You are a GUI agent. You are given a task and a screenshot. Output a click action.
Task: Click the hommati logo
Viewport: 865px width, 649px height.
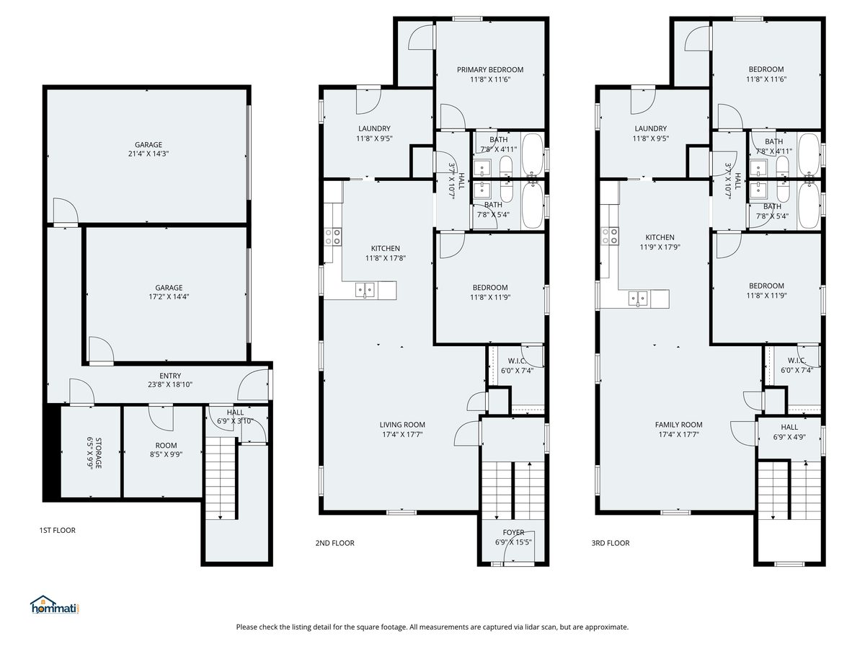pos(55,605)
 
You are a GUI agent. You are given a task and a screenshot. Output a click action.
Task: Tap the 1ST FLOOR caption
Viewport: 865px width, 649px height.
pos(57,531)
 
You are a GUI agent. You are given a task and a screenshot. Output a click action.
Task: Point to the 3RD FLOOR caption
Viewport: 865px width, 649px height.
pos(611,543)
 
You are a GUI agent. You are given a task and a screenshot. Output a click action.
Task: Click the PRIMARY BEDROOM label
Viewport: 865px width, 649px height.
pos(490,70)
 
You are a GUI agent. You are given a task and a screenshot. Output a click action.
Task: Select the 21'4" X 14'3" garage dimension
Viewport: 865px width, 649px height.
pos(148,154)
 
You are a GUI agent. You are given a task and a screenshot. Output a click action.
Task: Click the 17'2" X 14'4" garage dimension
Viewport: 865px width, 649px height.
pos(169,296)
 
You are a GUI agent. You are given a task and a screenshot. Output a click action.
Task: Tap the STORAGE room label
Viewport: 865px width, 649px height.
pos(99,453)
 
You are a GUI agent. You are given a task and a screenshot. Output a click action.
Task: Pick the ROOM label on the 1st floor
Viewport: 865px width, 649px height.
pos(166,445)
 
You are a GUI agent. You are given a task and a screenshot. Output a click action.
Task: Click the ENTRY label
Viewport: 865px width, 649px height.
pos(170,376)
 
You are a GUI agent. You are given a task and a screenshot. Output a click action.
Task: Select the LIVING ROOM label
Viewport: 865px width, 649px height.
pos(402,425)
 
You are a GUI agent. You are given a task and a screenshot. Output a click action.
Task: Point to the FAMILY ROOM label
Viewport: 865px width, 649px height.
pos(678,425)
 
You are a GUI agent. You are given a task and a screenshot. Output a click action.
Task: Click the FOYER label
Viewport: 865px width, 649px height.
pos(513,532)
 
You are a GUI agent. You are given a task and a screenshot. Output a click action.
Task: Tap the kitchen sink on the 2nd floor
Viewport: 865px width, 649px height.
pos(365,290)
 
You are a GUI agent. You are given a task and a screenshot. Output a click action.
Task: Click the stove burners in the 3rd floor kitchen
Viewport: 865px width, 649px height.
pos(609,236)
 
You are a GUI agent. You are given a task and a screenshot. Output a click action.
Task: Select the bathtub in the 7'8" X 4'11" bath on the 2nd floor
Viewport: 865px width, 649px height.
pos(533,155)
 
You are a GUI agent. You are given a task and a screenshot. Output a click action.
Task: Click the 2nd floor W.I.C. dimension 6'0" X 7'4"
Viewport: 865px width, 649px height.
pos(517,371)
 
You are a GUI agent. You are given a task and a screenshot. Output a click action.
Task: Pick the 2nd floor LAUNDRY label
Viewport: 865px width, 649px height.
pos(374,128)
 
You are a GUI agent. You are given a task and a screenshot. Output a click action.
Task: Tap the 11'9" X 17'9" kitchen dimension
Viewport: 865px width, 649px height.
pos(660,247)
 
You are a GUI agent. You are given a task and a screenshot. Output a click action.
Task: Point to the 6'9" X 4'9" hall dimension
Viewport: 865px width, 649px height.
pos(789,437)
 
